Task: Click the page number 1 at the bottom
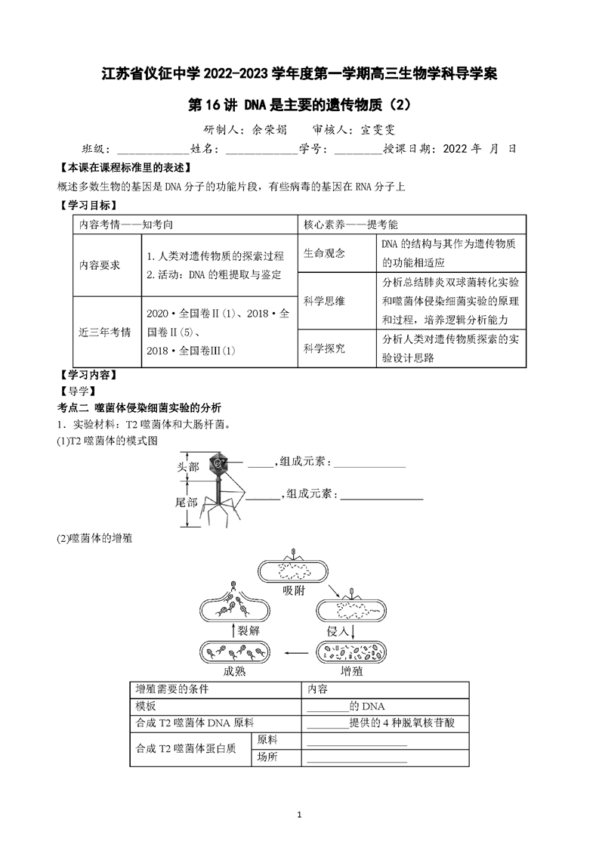pyautogui.click(x=299, y=815)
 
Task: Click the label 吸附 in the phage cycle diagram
pyautogui.click(x=294, y=591)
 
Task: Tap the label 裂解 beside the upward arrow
pyautogui.click(x=249, y=630)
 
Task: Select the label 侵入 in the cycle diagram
pyautogui.click(x=338, y=631)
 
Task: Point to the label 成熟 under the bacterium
pyautogui.click(x=234, y=671)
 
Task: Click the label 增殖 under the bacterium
pyautogui.click(x=351, y=671)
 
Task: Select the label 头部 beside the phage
pyautogui.click(x=188, y=467)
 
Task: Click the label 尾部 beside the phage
pyautogui.click(x=186, y=503)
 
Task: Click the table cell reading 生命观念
pyautogui.click(x=324, y=253)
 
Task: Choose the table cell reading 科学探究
pyautogui.click(x=324, y=348)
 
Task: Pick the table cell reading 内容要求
pyautogui.click(x=100, y=265)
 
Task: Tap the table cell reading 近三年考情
pyautogui.click(x=105, y=332)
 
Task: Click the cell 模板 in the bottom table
pyautogui.click(x=146, y=706)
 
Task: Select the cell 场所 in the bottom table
pyautogui.click(x=267, y=757)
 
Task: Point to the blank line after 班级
pyautogui.click(x=153, y=153)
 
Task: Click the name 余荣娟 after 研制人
pyautogui.click(x=270, y=130)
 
